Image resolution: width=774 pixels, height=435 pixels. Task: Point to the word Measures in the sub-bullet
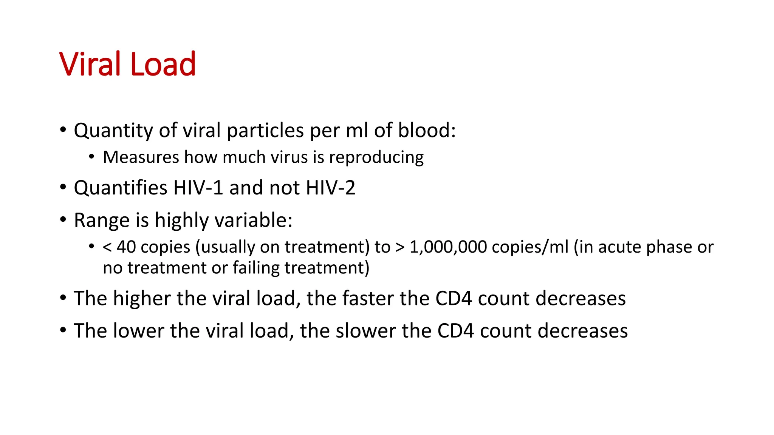tap(141, 157)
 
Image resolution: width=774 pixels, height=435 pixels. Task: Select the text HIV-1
tap(198, 188)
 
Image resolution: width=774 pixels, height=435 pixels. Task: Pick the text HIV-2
tap(331, 188)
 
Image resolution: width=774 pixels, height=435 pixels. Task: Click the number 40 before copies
tap(126, 247)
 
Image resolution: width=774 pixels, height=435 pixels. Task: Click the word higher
tap(142, 298)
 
